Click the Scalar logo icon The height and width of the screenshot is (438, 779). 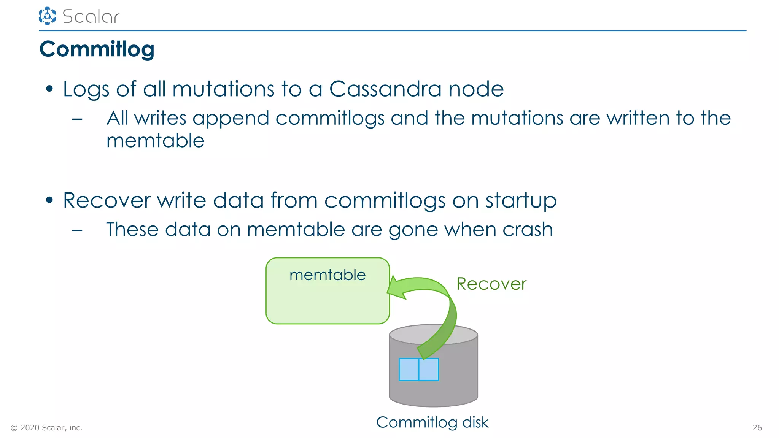pyautogui.click(x=47, y=16)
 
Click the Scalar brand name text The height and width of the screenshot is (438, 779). pyautogui.click(x=91, y=17)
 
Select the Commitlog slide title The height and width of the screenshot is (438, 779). pyautogui.click(x=97, y=49)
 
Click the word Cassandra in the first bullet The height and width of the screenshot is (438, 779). pyautogui.click(x=385, y=89)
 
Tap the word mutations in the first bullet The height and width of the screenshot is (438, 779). pyautogui.click(x=223, y=89)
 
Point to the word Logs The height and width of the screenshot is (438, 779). pyautogui.click(x=86, y=90)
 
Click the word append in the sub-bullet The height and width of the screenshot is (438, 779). pyautogui.click(x=231, y=119)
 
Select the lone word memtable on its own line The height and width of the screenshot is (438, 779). pyautogui.click(x=155, y=141)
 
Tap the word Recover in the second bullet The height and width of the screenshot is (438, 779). pyautogui.click(x=107, y=200)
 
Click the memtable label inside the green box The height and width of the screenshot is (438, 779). pyautogui.click(x=327, y=275)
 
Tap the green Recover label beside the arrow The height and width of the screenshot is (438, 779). pyautogui.click(x=491, y=284)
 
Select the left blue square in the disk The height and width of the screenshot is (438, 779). pyautogui.click(x=409, y=369)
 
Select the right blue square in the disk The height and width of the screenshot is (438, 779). pyautogui.click(x=429, y=369)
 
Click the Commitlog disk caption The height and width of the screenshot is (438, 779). pyautogui.click(x=432, y=422)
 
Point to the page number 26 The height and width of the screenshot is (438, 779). pyautogui.click(x=757, y=428)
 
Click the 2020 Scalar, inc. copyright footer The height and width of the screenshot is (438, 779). pyautogui.click(x=46, y=428)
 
